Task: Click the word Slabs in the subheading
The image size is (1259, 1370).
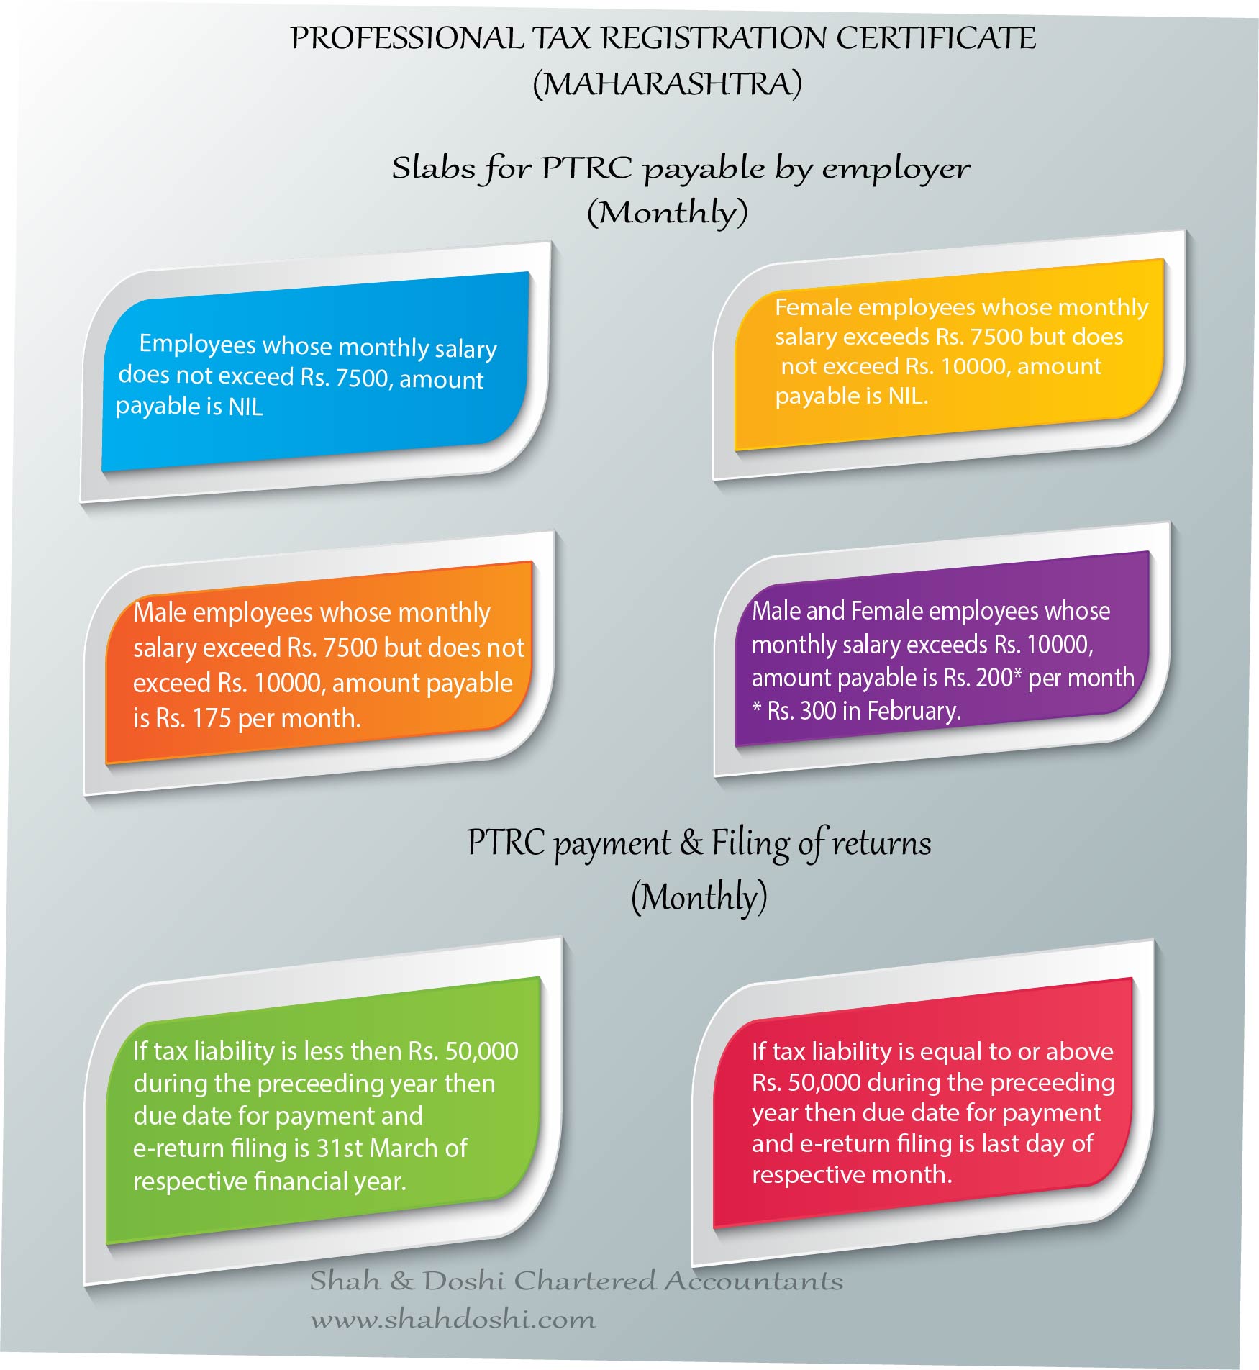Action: (x=434, y=168)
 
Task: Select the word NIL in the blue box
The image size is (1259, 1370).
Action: (x=245, y=407)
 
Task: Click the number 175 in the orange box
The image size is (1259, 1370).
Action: (x=212, y=718)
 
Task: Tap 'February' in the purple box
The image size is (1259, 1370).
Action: (x=914, y=711)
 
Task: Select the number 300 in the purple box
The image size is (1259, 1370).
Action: (x=818, y=711)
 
